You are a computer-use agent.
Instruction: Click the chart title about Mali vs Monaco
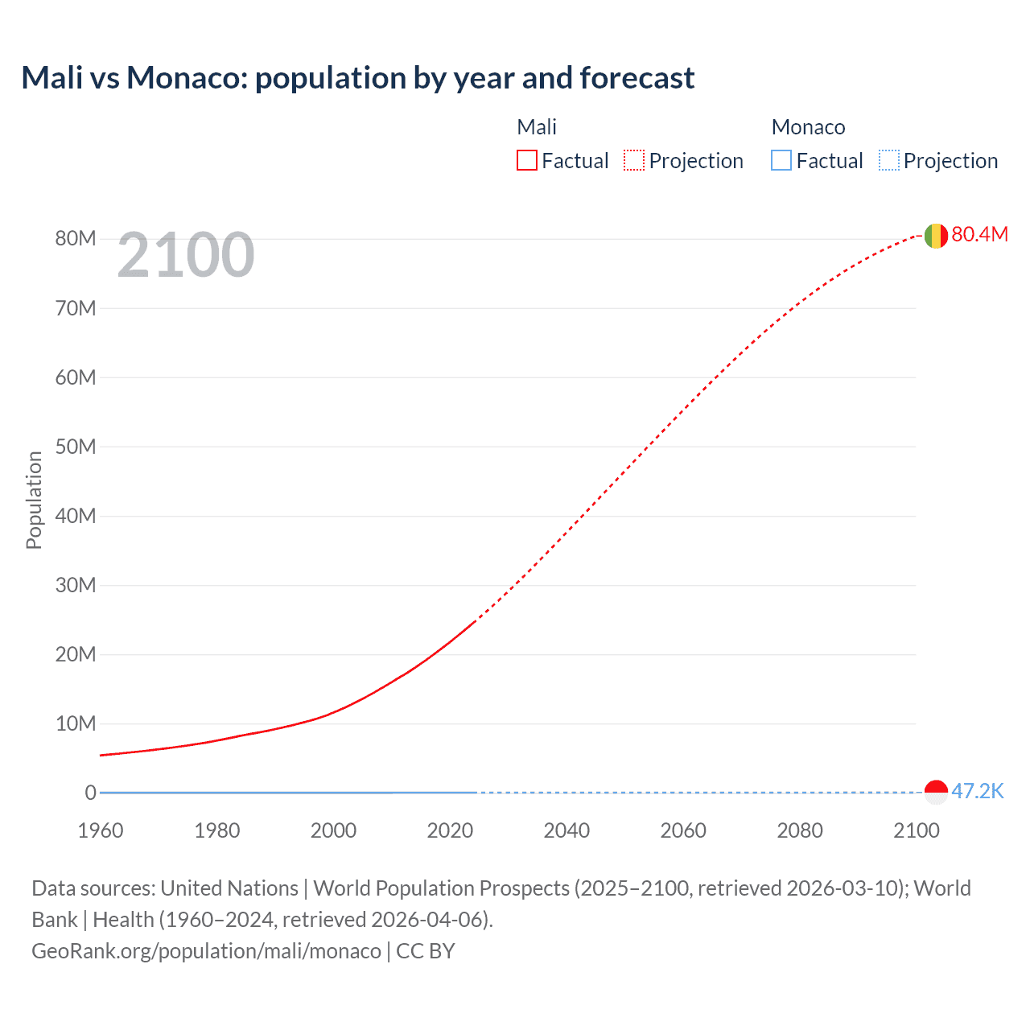point(357,78)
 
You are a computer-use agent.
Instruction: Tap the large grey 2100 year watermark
point(186,255)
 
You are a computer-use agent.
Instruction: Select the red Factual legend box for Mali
point(526,160)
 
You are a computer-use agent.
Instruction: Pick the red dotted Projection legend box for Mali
point(634,160)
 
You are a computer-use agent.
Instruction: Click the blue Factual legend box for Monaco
point(781,160)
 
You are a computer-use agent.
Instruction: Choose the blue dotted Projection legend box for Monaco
point(889,160)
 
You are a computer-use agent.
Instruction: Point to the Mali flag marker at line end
point(935,236)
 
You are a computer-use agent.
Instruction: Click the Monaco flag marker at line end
point(936,792)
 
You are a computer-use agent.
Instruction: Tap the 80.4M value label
point(979,234)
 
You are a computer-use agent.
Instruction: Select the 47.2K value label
point(978,791)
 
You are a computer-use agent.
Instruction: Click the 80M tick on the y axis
point(76,239)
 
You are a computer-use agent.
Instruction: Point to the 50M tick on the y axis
point(76,447)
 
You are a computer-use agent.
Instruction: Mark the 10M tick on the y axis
point(76,723)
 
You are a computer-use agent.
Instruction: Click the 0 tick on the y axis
point(90,793)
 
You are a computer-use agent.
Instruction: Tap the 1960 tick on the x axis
point(101,830)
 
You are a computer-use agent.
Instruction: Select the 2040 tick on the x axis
point(566,830)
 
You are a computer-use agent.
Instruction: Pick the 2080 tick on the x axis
point(800,830)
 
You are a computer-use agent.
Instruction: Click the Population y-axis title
point(34,500)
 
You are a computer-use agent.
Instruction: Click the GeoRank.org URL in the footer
point(206,951)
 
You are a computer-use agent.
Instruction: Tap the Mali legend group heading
point(537,127)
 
